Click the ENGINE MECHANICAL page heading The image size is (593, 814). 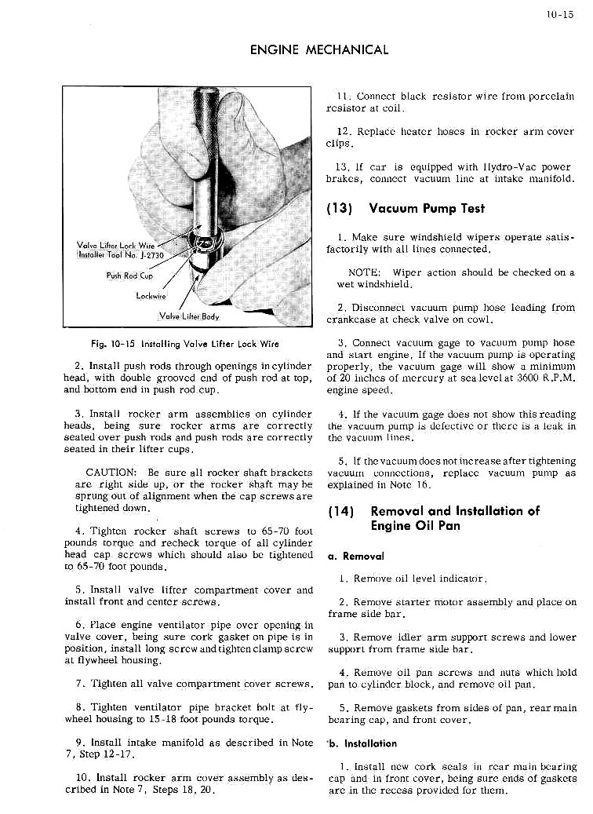(318, 50)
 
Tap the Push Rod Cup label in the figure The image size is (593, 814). (129, 276)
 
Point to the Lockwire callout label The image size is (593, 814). (148, 297)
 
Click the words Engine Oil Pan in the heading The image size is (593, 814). (416, 526)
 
